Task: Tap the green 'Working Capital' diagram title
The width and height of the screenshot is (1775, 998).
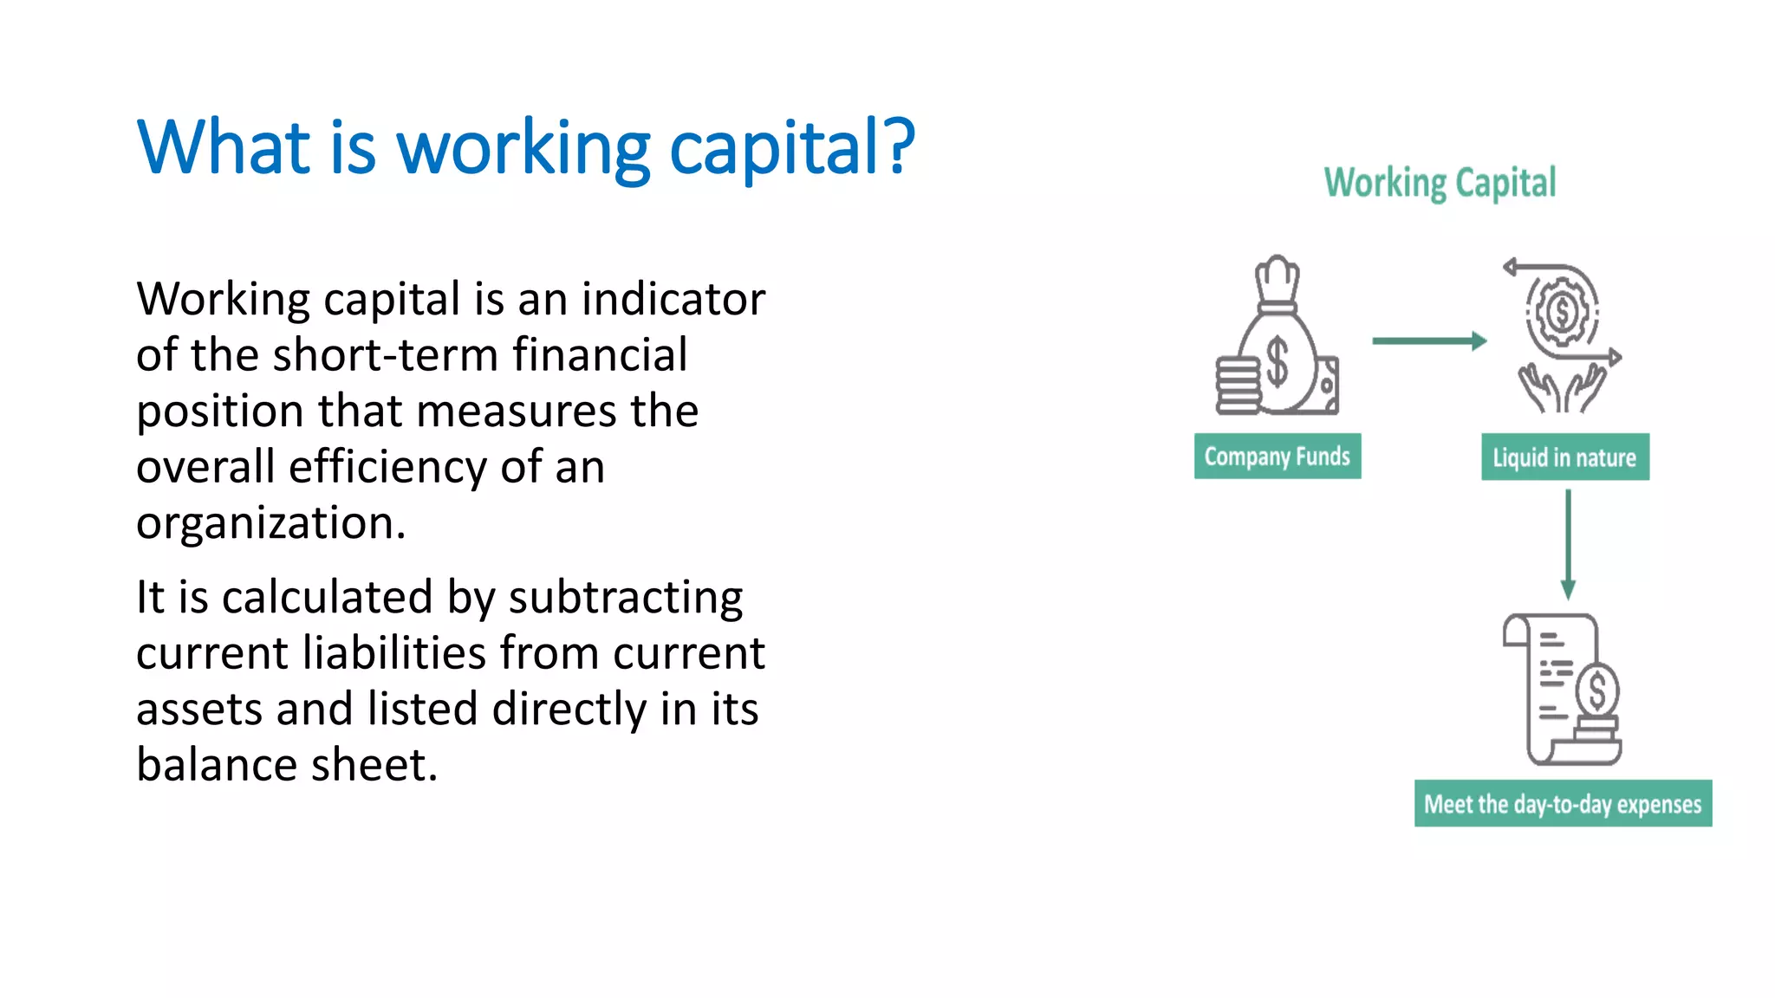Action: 1440,183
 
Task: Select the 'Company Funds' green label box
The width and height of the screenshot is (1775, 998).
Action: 1277,457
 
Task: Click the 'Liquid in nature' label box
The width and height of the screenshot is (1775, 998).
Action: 1564,457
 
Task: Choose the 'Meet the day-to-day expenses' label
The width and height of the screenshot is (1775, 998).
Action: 1563,804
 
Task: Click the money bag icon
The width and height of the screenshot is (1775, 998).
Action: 1278,342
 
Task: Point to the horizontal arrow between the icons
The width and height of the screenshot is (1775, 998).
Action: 1428,341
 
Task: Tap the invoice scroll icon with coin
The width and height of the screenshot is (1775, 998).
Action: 1563,689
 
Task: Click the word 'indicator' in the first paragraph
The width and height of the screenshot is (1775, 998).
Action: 673,300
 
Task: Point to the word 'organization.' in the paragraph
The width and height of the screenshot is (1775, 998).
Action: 270,523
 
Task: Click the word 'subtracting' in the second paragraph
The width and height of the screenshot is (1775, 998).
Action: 625,598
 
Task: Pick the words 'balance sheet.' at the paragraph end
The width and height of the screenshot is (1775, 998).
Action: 287,765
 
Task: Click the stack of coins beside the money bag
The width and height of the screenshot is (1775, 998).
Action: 1237,386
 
